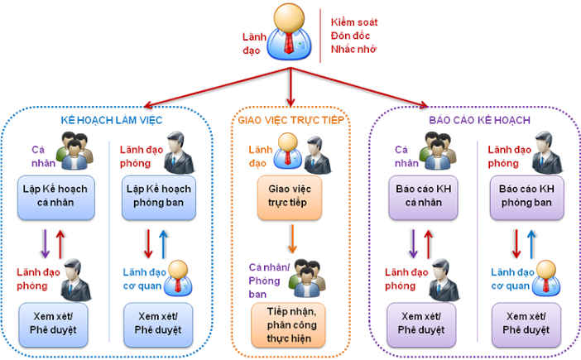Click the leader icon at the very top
tap(290, 32)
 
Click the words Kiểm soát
tap(354, 22)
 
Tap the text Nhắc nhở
tap(354, 52)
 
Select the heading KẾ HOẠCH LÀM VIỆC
tap(112, 121)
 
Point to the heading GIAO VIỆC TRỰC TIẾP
tap(290, 121)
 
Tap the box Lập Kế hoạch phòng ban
tap(159, 196)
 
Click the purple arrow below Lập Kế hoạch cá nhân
tap(44, 245)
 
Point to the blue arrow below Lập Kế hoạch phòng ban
tap(163, 245)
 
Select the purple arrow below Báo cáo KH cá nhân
tap(413, 245)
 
